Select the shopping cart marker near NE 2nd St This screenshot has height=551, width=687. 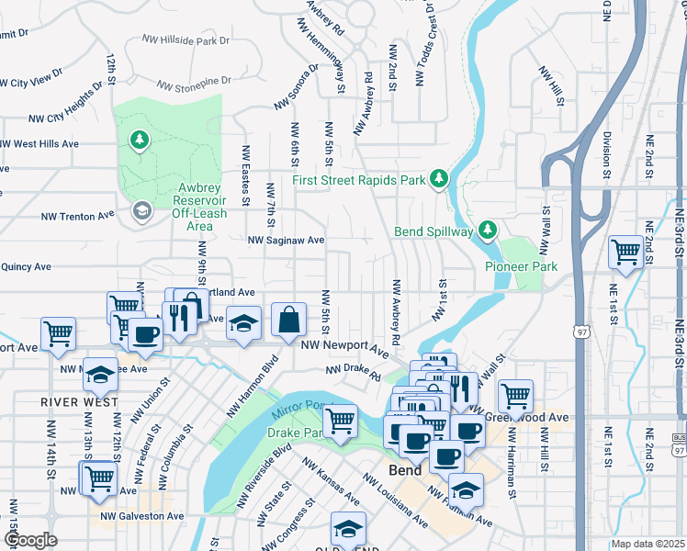[625, 251]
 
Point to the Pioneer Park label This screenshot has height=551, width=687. [521, 266]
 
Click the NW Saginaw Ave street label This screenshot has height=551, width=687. [287, 240]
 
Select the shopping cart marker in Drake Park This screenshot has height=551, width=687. [340, 421]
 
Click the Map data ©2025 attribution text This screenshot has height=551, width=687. [648, 544]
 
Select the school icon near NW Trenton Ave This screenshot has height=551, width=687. [141, 212]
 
